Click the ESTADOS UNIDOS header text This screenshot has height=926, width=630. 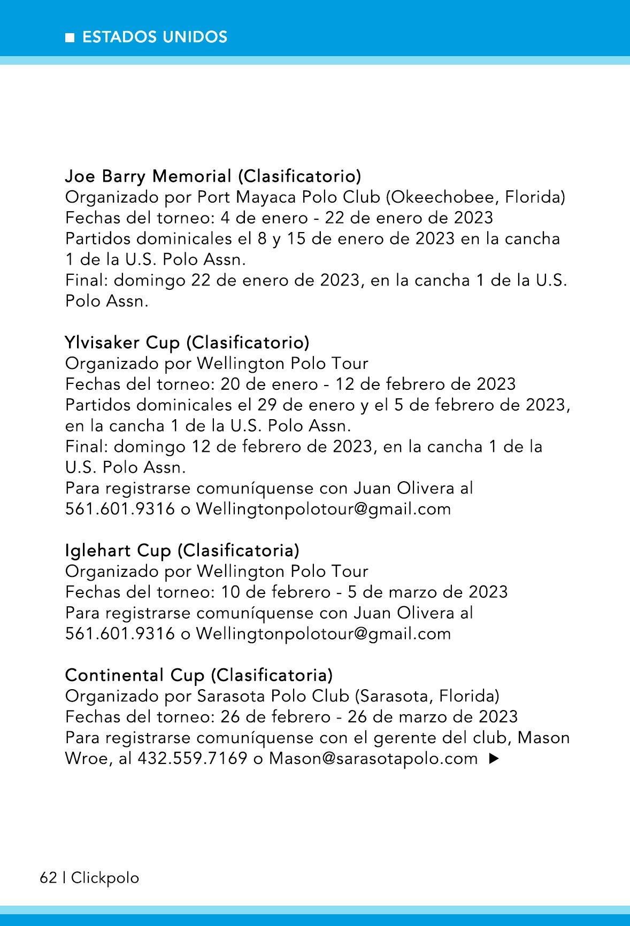pos(155,37)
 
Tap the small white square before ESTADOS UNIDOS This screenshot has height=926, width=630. pos(70,37)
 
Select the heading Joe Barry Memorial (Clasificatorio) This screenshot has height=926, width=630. pos(213,175)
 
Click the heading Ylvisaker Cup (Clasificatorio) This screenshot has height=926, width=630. pos(187,342)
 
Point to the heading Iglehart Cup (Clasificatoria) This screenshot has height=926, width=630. pos(182,550)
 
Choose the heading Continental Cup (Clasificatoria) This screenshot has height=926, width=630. pos(198,675)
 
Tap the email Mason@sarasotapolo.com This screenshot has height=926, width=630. pos(373,758)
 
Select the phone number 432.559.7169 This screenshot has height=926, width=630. pos(193,758)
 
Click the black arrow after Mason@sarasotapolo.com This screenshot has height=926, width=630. pos(494,758)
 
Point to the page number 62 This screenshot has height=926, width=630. pos(48,877)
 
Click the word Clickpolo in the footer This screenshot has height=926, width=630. pos(105,877)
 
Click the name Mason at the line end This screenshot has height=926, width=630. pos(544,737)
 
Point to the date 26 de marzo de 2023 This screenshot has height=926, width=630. pos(433,716)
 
